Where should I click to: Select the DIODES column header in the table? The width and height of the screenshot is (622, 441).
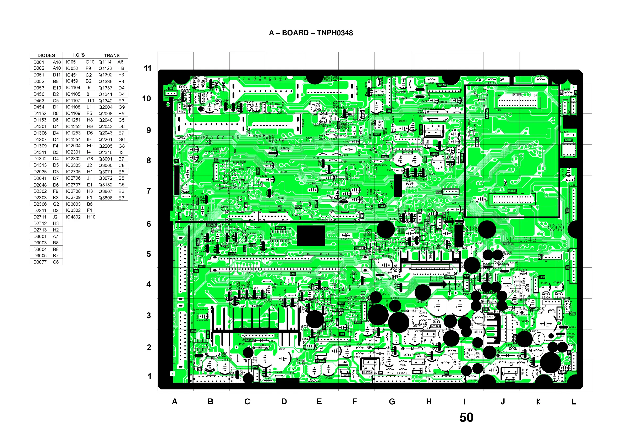coord(46,56)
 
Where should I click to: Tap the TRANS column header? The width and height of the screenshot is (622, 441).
coord(112,56)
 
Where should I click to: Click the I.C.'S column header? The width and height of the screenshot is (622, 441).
coord(79,55)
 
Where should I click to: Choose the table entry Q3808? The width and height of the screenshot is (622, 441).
coord(105,198)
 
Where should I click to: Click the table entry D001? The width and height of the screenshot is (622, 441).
coord(38,62)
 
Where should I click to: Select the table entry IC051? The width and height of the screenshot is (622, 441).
coord(72,62)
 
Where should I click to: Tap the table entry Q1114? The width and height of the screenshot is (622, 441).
coord(105,62)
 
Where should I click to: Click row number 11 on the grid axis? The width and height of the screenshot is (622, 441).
coord(147,68)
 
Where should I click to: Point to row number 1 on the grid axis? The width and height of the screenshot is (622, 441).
coord(149,376)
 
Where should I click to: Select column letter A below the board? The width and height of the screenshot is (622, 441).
coord(175,402)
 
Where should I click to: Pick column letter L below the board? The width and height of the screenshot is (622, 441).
coord(573,402)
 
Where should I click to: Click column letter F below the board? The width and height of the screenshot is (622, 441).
coord(355,402)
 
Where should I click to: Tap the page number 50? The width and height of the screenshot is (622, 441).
coord(466,417)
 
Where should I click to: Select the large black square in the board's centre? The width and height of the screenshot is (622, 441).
coord(311,236)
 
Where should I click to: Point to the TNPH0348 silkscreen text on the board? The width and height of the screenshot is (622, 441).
coord(519,239)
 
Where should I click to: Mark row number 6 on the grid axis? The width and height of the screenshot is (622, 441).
coord(149,224)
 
